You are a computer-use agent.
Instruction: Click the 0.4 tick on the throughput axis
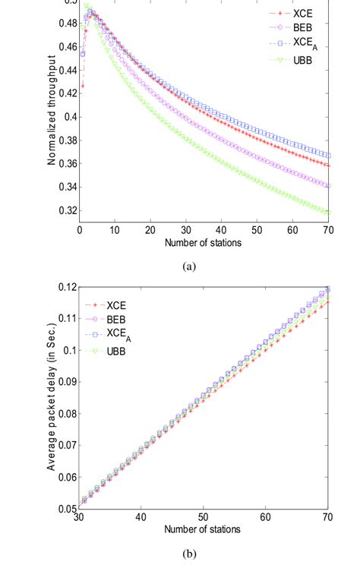67,117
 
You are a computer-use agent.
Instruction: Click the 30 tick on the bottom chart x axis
79,517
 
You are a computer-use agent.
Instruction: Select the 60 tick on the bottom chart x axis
265,517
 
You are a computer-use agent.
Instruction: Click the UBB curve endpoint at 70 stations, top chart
327,213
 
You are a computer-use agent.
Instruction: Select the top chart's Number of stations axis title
203,242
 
